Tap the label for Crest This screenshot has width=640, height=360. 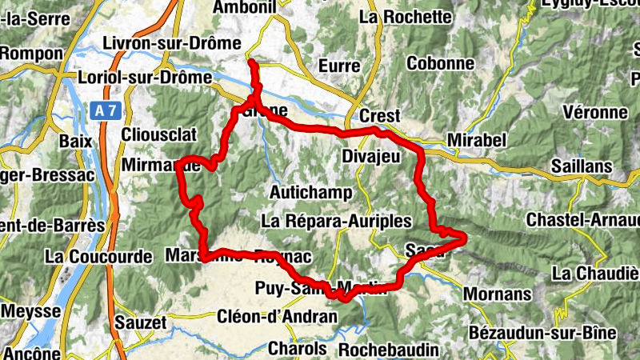(x=379, y=116)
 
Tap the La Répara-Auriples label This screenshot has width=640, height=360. (x=336, y=220)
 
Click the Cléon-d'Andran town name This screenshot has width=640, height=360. (x=277, y=316)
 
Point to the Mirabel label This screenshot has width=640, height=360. (x=478, y=141)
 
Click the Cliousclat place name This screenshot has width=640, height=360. (x=155, y=134)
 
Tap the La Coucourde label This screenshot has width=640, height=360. (x=99, y=257)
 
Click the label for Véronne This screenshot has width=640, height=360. (x=595, y=112)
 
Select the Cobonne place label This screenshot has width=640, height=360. (x=441, y=63)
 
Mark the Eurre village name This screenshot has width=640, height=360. (x=339, y=66)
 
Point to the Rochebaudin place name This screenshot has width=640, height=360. (x=388, y=350)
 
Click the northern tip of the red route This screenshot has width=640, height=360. (x=251, y=62)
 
